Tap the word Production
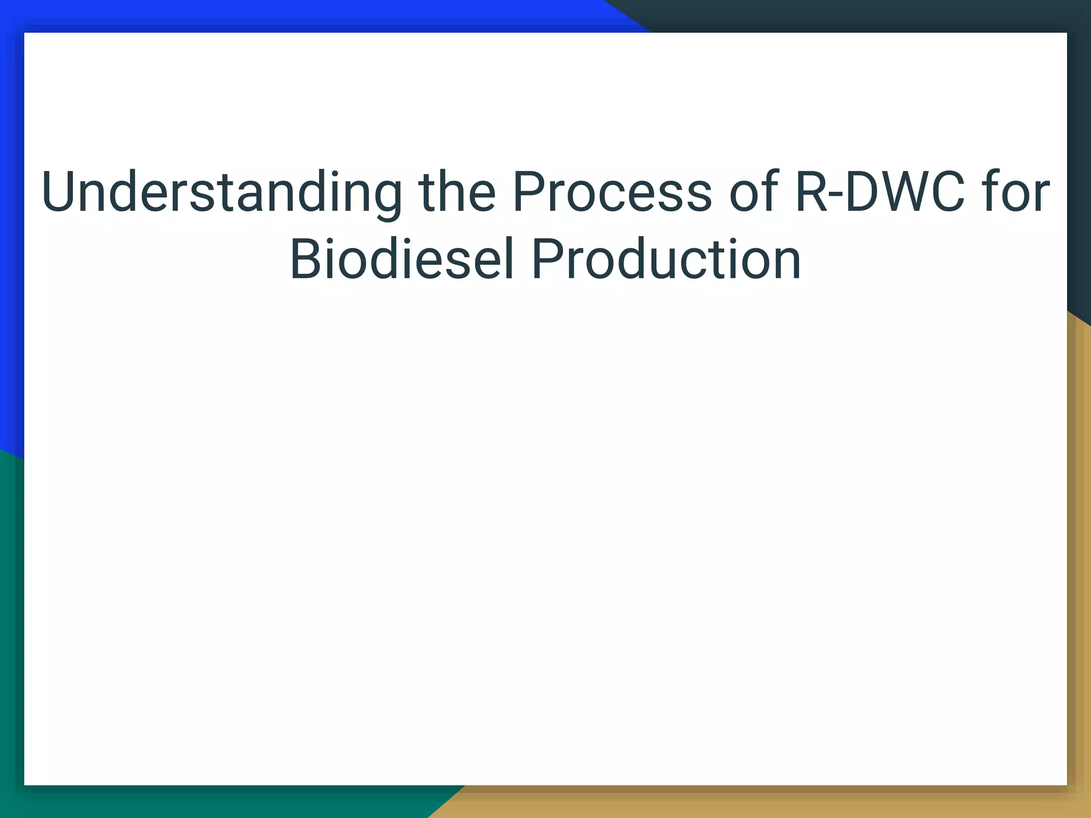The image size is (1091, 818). (666, 260)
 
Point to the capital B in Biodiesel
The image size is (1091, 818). (305, 260)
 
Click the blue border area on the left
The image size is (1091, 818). (11, 213)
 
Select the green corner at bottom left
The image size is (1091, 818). (11, 692)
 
